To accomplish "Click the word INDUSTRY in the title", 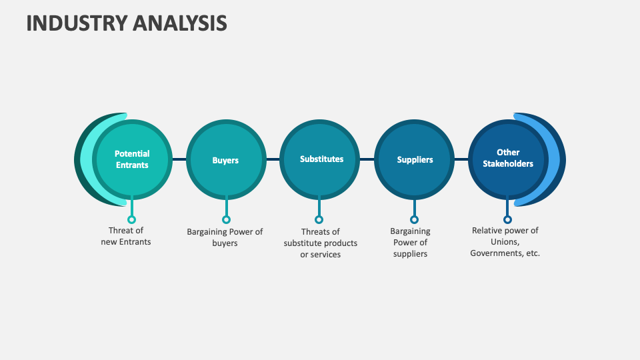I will click(x=76, y=23).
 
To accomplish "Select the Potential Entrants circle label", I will click(x=132, y=159).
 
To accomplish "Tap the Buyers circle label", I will click(x=225, y=160).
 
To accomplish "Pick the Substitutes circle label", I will click(x=321, y=159).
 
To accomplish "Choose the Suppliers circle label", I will click(x=415, y=160).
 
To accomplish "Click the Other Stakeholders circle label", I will click(x=508, y=159).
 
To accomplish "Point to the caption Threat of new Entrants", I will click(x=126, y=237).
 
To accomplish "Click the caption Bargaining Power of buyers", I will click(x=225, y=237).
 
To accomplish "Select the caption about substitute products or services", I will click(x=320, y=243).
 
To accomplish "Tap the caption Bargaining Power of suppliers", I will click(x=410, y=243).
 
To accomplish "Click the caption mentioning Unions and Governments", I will click(x=505, y=242).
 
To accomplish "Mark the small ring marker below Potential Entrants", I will click(x=131, y=219).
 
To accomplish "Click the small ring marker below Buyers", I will click(x=226, y=219).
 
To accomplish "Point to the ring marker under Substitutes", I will click(x=319, y=219).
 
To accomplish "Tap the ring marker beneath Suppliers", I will click(x=414, y=219).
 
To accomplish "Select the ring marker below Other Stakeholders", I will click(x=507, y=219).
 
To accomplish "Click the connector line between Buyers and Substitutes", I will click(x=273, y=160).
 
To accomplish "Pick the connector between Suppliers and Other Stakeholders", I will click(x=461, y=160).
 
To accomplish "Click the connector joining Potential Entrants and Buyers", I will click(x=179, y=160).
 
